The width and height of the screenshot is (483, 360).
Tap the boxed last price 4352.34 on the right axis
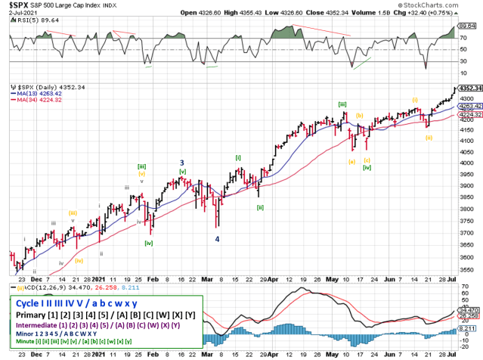click(466, 88)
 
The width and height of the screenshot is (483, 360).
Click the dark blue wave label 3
click(181, 163)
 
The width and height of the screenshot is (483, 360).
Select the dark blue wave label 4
click(218, 239)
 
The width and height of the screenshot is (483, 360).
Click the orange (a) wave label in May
click(351, 161)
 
